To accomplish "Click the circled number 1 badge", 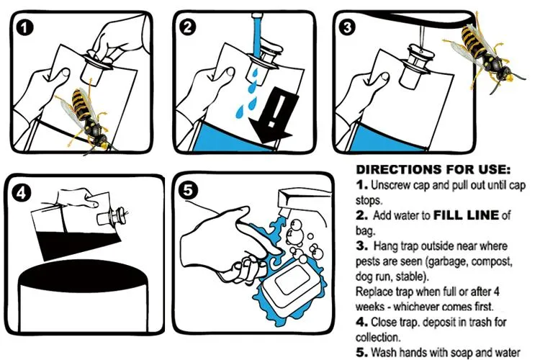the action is (24, 28).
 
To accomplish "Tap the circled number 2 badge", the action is (187, 27).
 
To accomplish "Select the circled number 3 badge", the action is (347, 27).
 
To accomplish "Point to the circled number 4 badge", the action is (22, 193).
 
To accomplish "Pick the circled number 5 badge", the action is (188, 191).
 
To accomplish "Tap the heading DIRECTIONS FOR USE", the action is (433, 169).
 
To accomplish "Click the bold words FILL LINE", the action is (466, 215).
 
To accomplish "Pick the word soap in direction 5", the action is (459, 352).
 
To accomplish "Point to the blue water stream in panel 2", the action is (256, 37).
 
